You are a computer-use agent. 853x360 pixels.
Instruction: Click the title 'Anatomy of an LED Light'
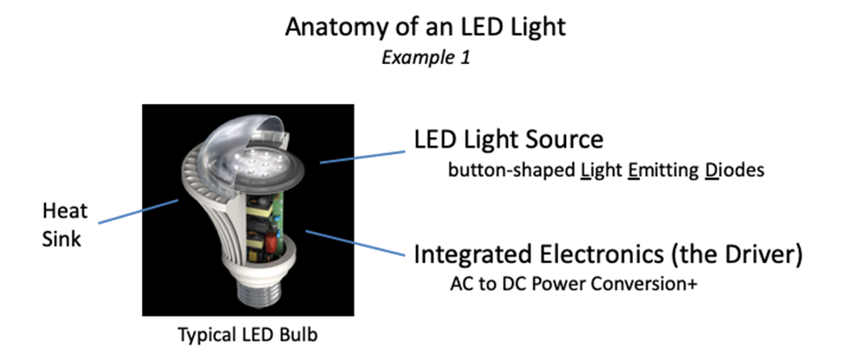coord(426,27)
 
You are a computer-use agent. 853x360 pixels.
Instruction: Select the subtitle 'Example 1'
coord(426,58)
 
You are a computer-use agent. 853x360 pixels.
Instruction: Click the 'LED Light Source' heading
coord(508,140)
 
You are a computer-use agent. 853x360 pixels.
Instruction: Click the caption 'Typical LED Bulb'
coord(247,336)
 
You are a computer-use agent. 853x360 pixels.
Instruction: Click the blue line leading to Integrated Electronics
coord(355,244)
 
